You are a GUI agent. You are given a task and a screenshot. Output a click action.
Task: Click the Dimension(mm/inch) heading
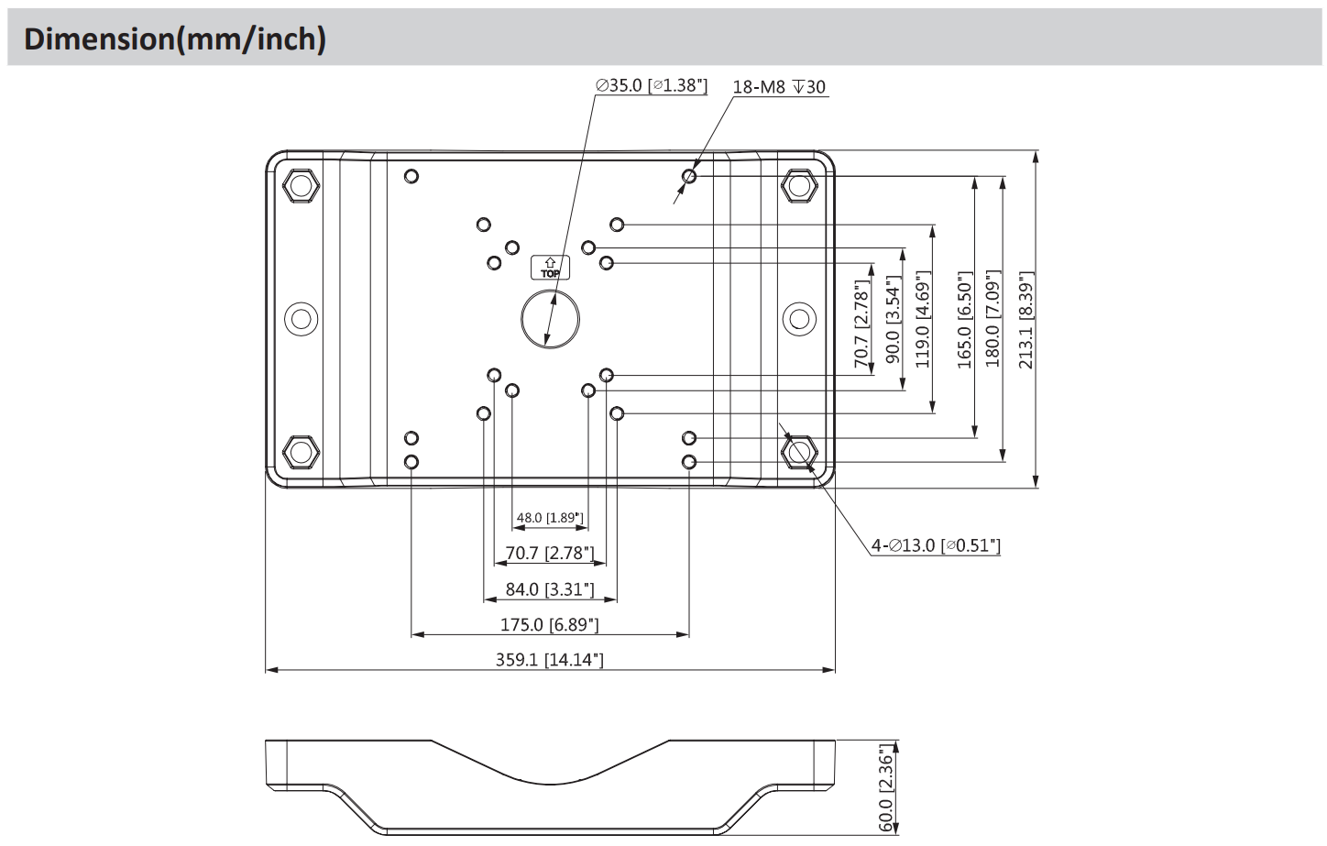click(x=175, y=39)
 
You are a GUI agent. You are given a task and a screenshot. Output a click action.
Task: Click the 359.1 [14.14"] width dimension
click(x=550, y=659)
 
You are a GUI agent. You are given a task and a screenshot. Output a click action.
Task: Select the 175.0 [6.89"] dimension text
click(x=550, y=624)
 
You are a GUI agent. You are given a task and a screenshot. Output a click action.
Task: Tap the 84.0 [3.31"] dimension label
click(x=550, y=588)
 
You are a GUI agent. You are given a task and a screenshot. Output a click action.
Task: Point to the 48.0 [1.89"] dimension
click(x=550, y=518)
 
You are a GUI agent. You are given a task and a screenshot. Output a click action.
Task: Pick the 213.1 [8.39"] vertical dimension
click(x=1026, y=319)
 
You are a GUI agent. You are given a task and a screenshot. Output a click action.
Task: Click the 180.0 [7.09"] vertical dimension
click(x=993, y=319)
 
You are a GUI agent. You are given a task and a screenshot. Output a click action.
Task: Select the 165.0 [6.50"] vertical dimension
click(x=964, y=319)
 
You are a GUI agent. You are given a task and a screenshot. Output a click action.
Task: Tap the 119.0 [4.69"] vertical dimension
click(x=923, y=319)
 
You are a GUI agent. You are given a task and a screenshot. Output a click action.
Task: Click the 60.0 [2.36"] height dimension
click(x=886, y=789)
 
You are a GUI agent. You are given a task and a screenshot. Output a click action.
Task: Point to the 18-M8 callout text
click(x=779, y=87)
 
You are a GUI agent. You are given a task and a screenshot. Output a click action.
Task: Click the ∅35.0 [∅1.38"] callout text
click(x=652, y=85)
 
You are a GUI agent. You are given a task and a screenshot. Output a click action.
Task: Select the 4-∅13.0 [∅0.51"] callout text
click(x=935, y=545)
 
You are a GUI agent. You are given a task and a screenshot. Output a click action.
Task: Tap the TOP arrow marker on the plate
click(x=550, y=267)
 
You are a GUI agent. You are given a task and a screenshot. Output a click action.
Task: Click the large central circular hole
click(x=550, y=319)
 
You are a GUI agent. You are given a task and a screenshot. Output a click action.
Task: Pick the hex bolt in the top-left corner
click(x=300, y=186)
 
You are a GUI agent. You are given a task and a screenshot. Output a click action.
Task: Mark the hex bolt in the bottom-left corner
click(x=300, y=452)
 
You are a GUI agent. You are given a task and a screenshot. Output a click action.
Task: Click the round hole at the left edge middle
click(x=300, y=319)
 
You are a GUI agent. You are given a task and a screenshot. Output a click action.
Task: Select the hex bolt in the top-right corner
click(x=799, y=186)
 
